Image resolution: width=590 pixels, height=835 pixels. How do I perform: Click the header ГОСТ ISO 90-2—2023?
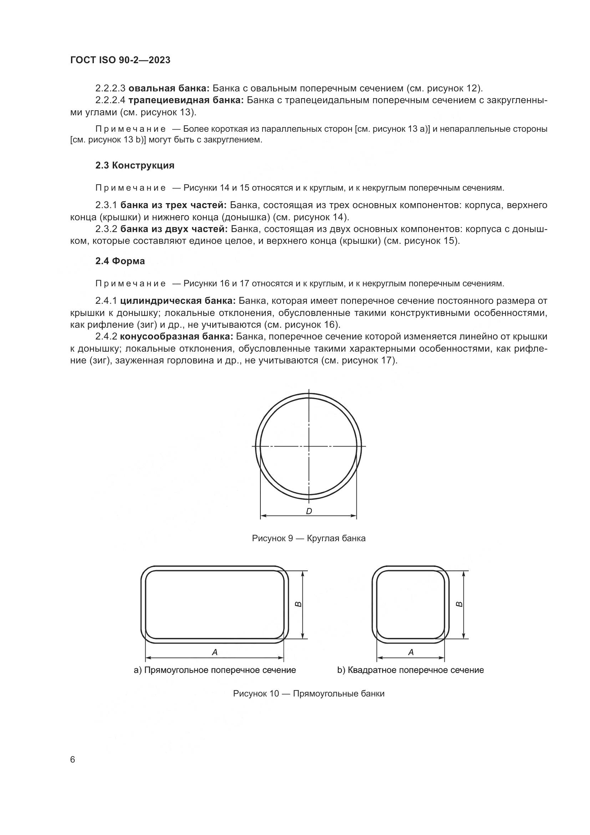pos(120,60)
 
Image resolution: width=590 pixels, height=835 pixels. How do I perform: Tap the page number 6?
pos(73,760)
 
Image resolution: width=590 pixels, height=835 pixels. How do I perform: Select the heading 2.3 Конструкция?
pos(135,166)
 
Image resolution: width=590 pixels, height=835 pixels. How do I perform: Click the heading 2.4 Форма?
pos(120,261)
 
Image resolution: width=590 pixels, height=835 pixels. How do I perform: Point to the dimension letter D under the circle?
pos(309,511)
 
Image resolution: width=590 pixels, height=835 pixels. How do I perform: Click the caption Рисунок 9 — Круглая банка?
pos(309,538)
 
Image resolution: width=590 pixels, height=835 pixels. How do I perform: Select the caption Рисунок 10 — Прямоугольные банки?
pos(309,694)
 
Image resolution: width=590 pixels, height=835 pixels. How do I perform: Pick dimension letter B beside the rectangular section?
pos(297,604)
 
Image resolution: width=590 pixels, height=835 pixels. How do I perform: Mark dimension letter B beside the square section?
pos(459,604)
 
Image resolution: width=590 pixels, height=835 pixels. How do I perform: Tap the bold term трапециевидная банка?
pos(186,100)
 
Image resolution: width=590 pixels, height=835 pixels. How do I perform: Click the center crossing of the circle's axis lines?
pos(309,446)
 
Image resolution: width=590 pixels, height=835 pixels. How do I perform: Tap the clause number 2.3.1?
pos(106,206)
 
